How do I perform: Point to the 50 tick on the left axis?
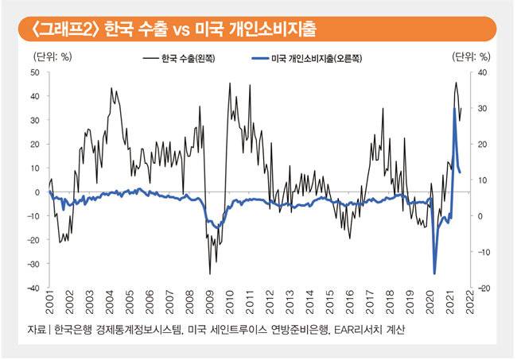(34, 72)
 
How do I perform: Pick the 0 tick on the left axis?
(37, 192)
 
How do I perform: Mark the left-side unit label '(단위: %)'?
(53, 56)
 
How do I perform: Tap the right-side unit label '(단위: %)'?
(470, 56)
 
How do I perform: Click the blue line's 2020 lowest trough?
(435, 273)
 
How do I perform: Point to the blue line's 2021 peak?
(454, 109)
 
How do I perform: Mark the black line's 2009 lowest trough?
(210, 274)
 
